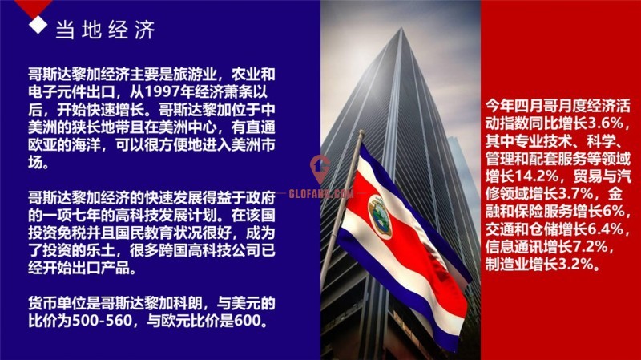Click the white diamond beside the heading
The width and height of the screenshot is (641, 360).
coord(38,25)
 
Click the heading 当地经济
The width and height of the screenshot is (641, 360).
coord(106,30)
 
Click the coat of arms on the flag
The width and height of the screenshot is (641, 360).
coord(380,216)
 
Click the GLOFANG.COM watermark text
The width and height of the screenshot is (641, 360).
coord(321,193)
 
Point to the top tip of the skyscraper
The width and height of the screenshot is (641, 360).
coord(401,28)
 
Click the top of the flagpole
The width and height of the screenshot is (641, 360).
coord(361,132)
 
